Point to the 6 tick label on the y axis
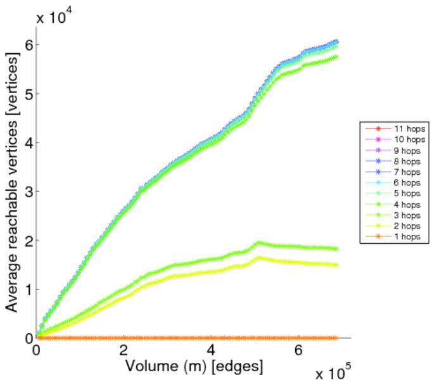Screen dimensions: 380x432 coord(28,44)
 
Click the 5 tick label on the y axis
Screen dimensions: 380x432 coord(28,93)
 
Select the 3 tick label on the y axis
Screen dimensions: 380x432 coord(28,191)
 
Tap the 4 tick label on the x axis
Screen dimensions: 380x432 coord(211,350)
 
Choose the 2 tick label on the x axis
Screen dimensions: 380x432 coord(124,350)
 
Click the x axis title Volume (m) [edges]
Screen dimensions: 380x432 coord(194,366)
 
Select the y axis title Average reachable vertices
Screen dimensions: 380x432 coord(11,182)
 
